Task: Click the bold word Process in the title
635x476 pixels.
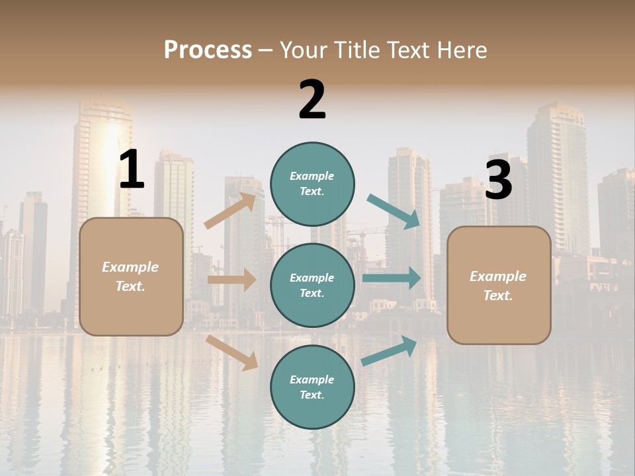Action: pyautogui.click(x=208, y=50)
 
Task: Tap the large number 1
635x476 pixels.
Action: pyautogui.click(x=132, y=170)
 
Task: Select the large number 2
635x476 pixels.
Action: pyautogui.click(x=312, y=100)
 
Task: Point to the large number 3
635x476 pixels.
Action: pyautogui.click(x=499, y=180)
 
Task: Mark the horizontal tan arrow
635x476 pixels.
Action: pyautogui.click(x=232, y=280)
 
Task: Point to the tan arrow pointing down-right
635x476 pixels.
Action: pyautogui.click(x=232, y=352)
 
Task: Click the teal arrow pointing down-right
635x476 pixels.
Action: pyautogui.click(x=394, y=212)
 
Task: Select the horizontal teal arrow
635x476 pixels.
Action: pyautogui.click(x=392, y=278)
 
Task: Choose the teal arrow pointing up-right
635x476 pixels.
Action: pyautogui.click(x=389, y=350)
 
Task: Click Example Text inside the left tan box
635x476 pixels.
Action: pyautogui.click(x=130, y=276)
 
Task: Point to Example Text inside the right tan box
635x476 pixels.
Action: pyautogui.click(x=498, y=286)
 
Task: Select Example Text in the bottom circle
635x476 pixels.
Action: pyautogui.click(x=312, y=387)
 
